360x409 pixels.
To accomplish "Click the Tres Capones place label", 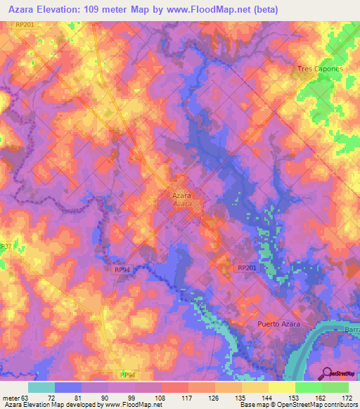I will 320,69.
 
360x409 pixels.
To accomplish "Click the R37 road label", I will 6,247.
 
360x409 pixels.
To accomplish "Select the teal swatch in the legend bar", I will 41,387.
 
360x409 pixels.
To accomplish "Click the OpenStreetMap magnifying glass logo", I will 327,373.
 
